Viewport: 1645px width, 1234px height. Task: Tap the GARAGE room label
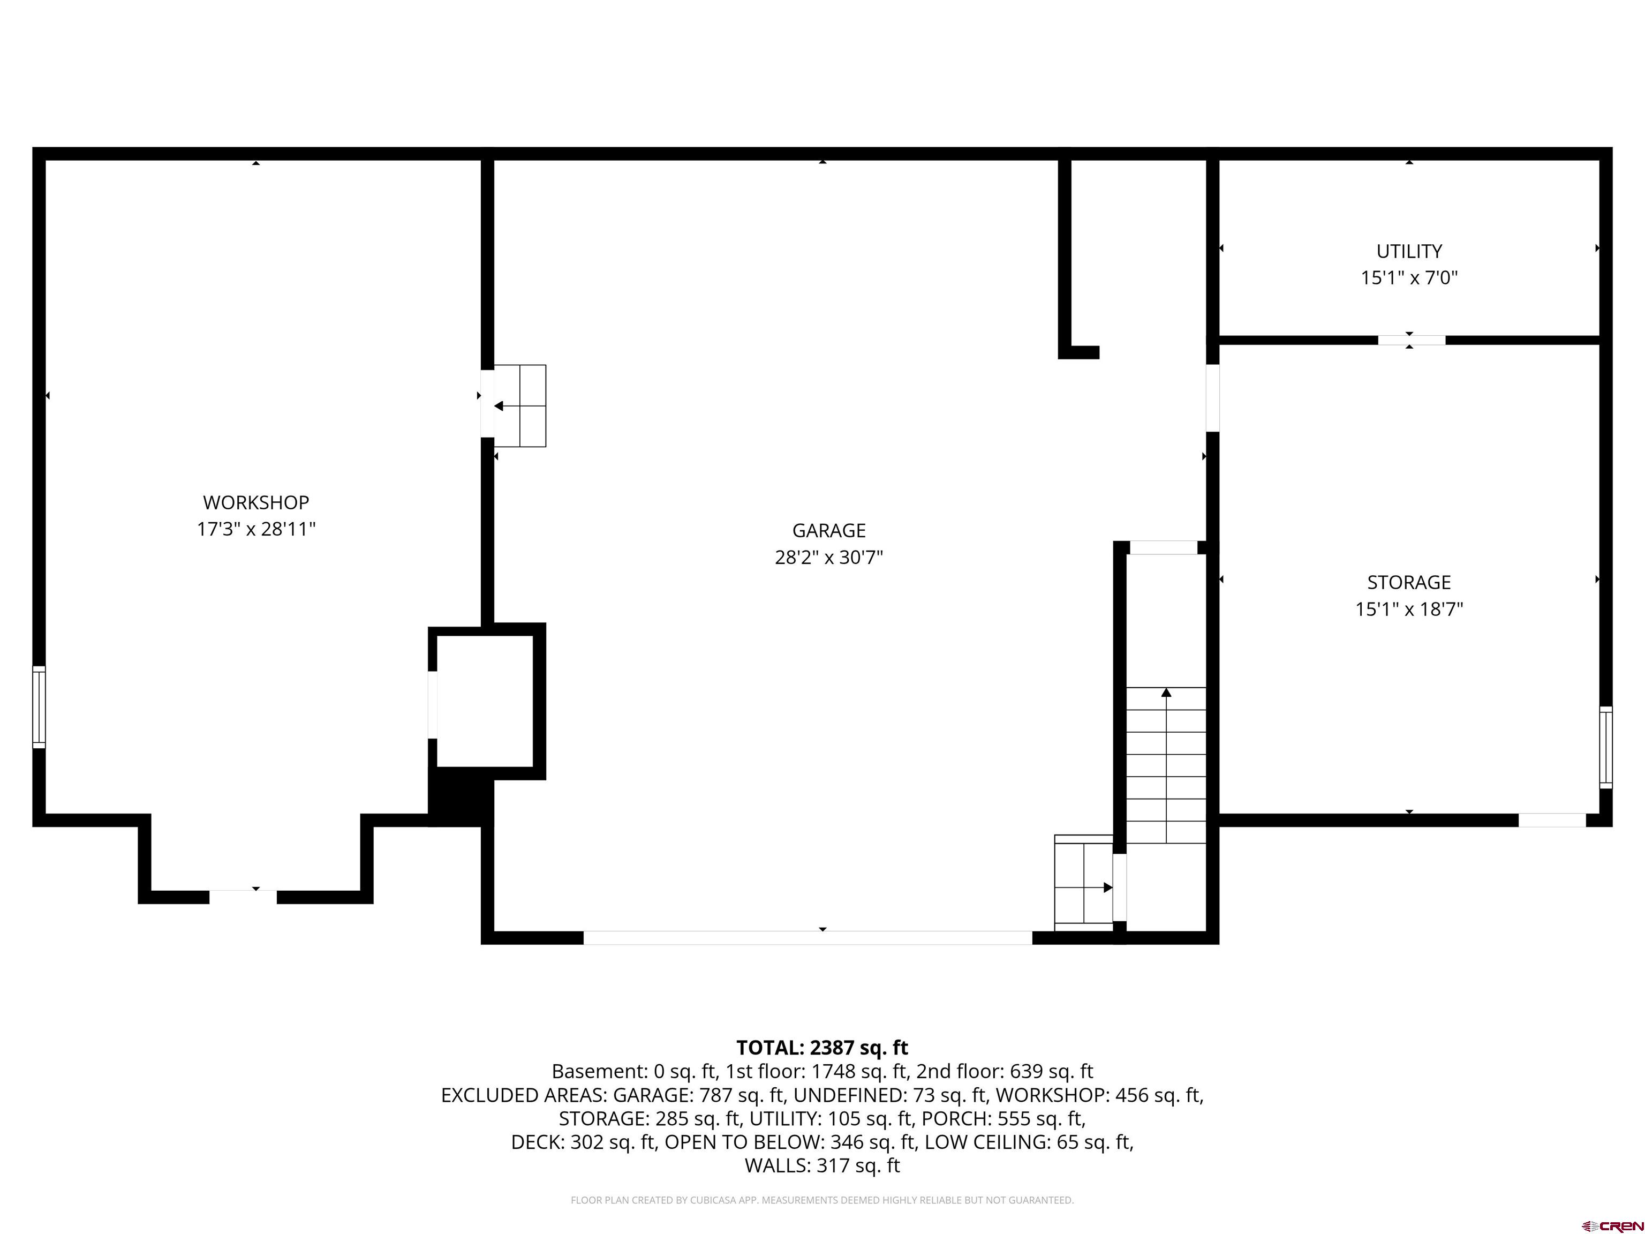(828, 530)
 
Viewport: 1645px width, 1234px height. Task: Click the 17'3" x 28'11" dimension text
(256, 529)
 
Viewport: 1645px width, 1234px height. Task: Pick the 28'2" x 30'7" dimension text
(828, 557)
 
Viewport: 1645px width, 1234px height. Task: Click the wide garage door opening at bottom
(808, 937)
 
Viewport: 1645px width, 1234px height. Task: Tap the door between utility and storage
(1412, 340)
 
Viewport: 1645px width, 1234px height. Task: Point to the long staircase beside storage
(1166, 765)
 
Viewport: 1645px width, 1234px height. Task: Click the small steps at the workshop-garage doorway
(520, 405)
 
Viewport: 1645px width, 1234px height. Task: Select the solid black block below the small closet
(461, 796)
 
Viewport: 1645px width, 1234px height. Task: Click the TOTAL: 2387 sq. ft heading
(822, 1047)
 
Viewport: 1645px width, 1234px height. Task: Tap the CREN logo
(1612, 1225)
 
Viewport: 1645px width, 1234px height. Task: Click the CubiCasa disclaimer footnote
(822, 1200)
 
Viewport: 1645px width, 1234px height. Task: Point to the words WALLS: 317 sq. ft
(822, 1165)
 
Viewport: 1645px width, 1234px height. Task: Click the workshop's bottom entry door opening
(243, 897)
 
